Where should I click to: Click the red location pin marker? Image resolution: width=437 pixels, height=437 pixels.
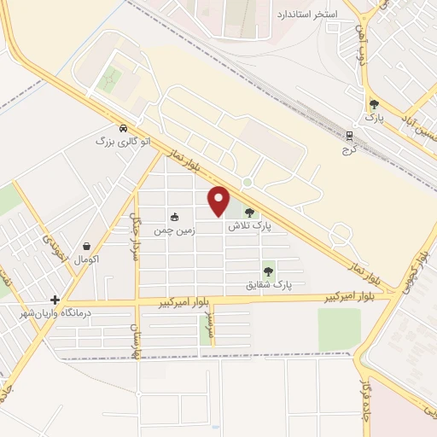coord(219,200)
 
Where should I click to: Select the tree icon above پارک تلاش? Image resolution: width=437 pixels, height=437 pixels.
coord(249,213)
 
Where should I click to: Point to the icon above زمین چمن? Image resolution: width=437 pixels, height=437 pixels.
coord(175,218)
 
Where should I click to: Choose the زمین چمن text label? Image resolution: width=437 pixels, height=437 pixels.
coord(174,231)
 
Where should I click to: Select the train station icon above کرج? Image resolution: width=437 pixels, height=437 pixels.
coord(349,135)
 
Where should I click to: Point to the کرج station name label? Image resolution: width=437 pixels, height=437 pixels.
coord(349,148)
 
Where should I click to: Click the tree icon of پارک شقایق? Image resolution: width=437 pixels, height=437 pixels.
coord(268,271)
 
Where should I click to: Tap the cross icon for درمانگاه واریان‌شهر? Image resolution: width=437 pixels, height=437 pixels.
coord(55,300)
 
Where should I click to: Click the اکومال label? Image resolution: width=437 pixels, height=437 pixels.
coord(88,258)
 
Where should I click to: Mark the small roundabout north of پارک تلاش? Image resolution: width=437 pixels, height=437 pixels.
coord(247,182)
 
